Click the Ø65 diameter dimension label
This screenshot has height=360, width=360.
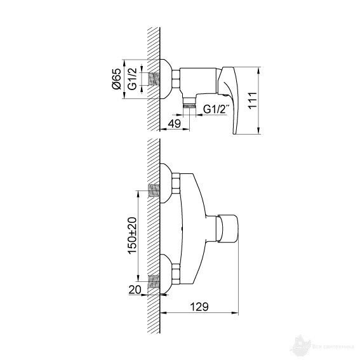tap(117, 81)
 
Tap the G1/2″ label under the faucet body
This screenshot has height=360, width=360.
tap(217, 109)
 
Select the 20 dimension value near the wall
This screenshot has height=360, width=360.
tap(134, 290)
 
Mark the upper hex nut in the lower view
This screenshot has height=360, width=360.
tap(175, 185)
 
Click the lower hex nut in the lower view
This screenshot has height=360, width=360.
tap(175, 274)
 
